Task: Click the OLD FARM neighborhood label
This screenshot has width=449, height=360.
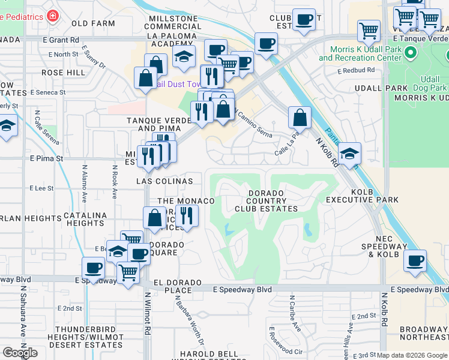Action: [x=93, y=23]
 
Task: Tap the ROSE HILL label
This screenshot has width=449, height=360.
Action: [x=64, y=72]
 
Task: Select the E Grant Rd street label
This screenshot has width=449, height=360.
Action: [x=61, y=40]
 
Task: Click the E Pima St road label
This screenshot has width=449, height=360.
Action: [x=46, y=159]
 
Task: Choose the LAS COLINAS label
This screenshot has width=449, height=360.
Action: [x=164, y=181]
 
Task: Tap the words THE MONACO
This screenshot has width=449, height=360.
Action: [x=185, y=200]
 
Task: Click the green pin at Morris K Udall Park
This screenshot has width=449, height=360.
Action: [x=411, y=54]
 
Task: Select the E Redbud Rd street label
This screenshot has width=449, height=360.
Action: [x=356, y=70]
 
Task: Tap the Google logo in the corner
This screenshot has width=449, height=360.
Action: [x=20, y=353]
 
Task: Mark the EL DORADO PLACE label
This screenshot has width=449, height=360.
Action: [x=172, y=286]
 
